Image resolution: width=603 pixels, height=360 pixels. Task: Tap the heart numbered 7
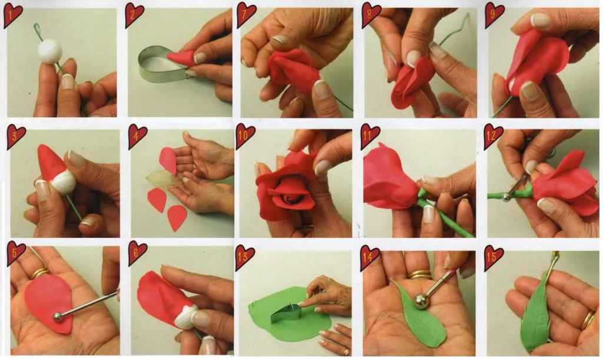pos(246,14)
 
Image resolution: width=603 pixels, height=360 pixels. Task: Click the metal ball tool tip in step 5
pos(58,316)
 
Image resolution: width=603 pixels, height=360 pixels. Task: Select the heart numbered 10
pos(245,136)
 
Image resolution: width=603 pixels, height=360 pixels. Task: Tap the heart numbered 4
pos(137,136)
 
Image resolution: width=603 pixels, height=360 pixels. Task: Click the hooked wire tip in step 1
pos(37,27)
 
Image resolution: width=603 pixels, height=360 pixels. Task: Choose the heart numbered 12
pos(493,136)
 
